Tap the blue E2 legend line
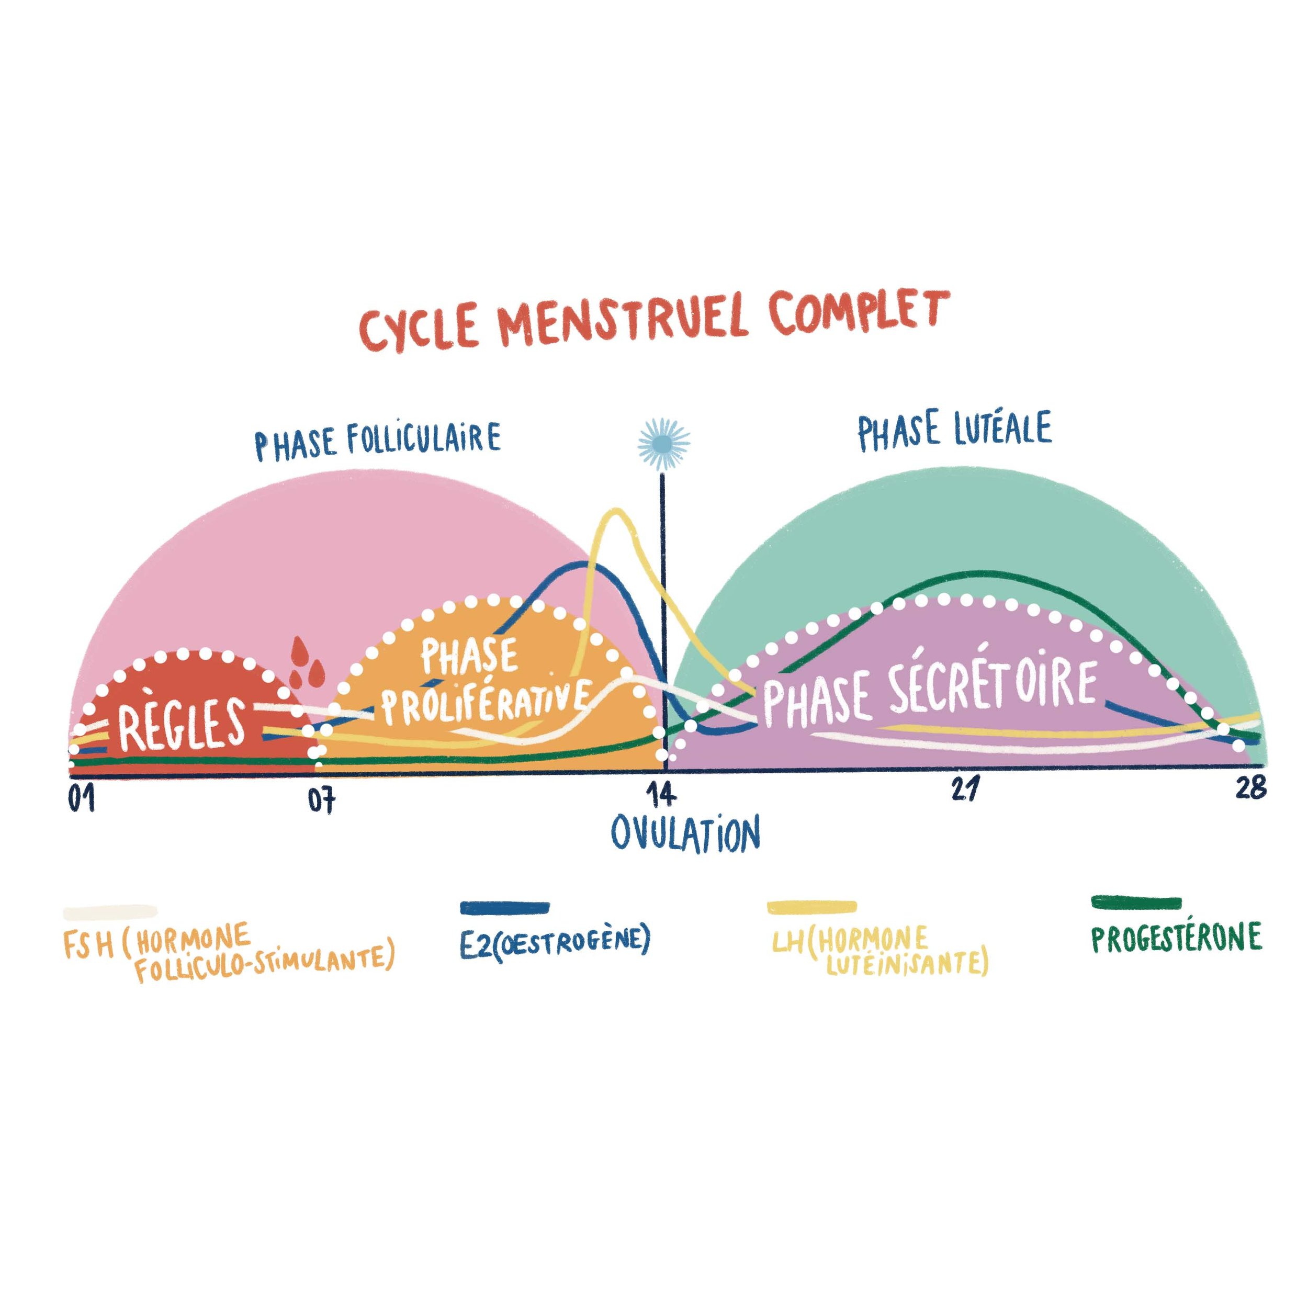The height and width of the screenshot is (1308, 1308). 504,907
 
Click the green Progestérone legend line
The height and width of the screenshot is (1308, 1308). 1137,903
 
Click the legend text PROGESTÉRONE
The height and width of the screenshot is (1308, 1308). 1177,938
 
